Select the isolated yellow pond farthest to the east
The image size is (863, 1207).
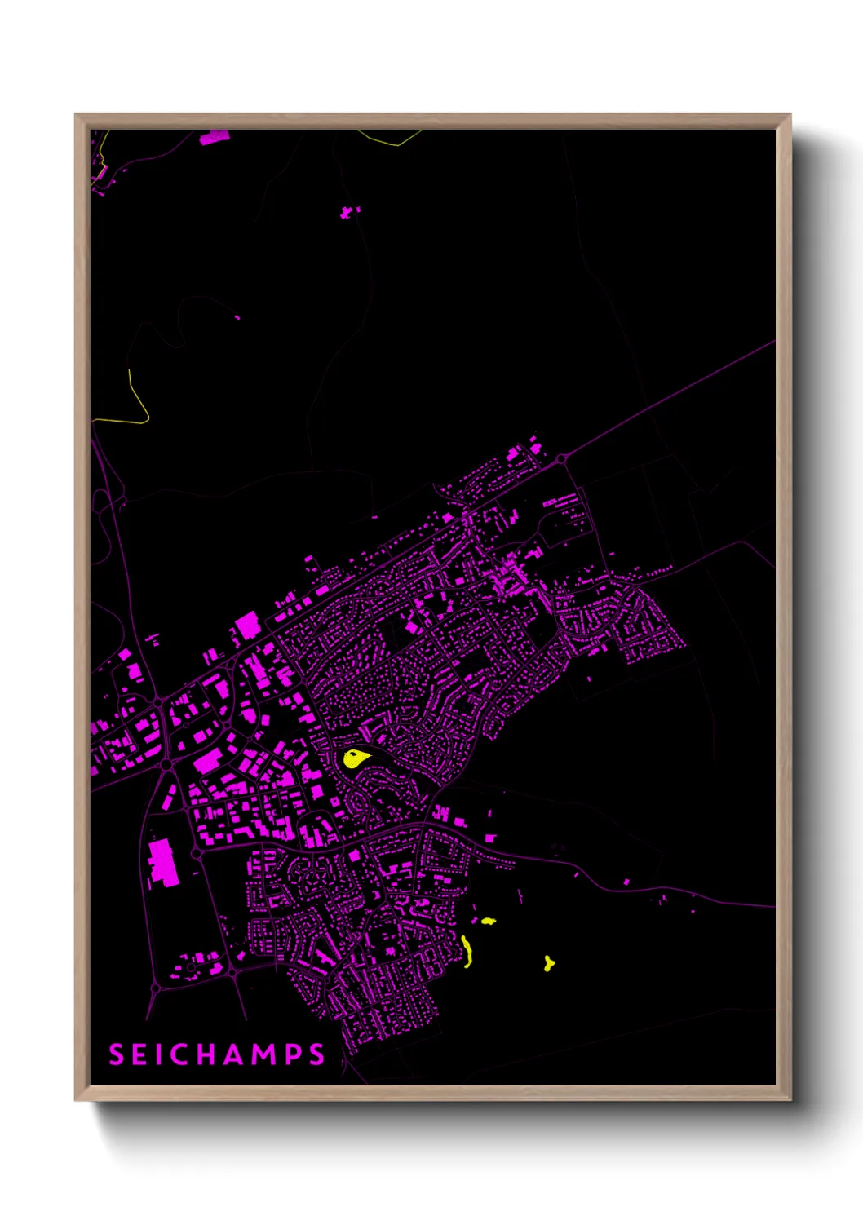point(549,964)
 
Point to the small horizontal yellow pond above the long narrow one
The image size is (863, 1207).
point(488,922)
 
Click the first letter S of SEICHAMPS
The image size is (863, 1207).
point(116,1054)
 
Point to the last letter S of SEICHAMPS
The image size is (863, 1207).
point(317,1054)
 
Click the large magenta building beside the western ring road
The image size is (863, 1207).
point(164,861)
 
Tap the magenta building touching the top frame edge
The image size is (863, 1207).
point(215,137)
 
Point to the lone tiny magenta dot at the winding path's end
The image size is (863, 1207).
point(237,317)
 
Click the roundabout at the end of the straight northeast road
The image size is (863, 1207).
point(561,460)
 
